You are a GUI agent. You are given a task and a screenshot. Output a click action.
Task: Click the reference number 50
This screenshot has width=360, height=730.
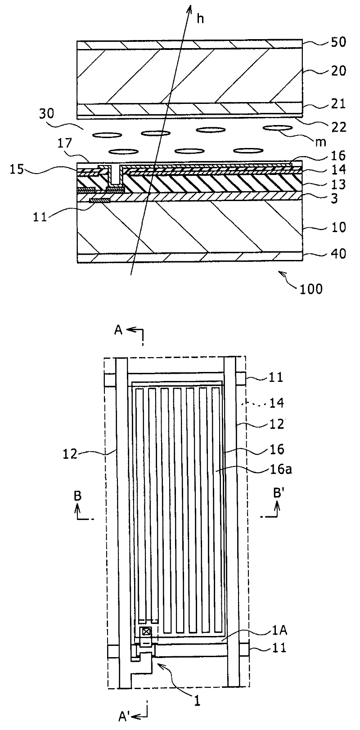[337, 43]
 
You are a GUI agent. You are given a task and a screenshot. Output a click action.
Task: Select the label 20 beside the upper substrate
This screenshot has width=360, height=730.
[337, 71]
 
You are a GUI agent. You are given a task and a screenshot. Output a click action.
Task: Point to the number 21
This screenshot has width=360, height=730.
[337, 104]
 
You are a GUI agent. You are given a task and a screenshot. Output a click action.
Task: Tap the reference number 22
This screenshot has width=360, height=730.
[337, 127]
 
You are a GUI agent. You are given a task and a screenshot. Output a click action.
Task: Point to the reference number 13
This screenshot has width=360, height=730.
[337, 184]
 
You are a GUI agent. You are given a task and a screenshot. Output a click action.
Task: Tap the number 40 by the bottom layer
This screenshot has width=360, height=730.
[337, 254]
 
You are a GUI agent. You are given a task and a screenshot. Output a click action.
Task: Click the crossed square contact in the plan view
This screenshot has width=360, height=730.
[146, 631]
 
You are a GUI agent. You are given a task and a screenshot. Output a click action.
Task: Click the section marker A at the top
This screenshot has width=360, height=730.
[118, 331]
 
